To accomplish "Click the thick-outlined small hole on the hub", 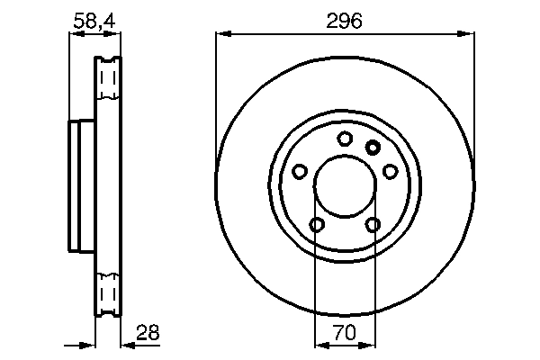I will click(373, 147).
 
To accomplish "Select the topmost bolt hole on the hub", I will click(345, 139).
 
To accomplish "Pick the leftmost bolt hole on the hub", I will click(301, 170).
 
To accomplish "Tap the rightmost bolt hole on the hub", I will click(391, 170).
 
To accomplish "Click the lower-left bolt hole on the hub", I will click(317, 224).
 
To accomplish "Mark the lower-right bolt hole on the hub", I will click(373, 224).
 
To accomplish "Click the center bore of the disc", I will click(346, 187).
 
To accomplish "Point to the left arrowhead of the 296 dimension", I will click(221, 34).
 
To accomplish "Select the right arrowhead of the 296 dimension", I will click(469, 34).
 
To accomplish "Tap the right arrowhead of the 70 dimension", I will click(372, 344).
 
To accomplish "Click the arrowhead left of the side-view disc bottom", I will click(89, 344).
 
